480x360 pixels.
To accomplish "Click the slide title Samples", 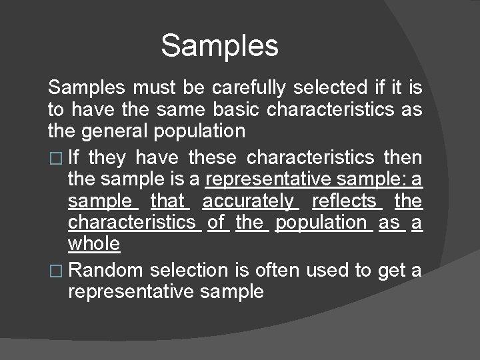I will point(219,45).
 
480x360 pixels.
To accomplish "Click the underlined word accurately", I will point(247,200).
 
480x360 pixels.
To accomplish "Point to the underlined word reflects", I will point(344,200).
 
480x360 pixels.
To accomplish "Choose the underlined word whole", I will point(94,244).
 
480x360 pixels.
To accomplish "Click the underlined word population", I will point(323,222).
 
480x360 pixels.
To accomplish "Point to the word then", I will point(403,157).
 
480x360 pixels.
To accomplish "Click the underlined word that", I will point(170,200).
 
